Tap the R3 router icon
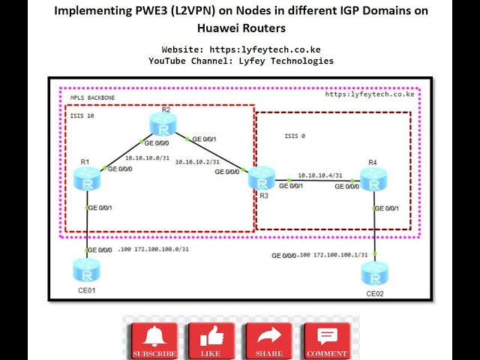262,179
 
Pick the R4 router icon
373,179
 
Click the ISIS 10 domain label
82,115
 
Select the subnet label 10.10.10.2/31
198,161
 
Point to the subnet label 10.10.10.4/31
319,175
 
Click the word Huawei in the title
220,28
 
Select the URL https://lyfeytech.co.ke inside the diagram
369,94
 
